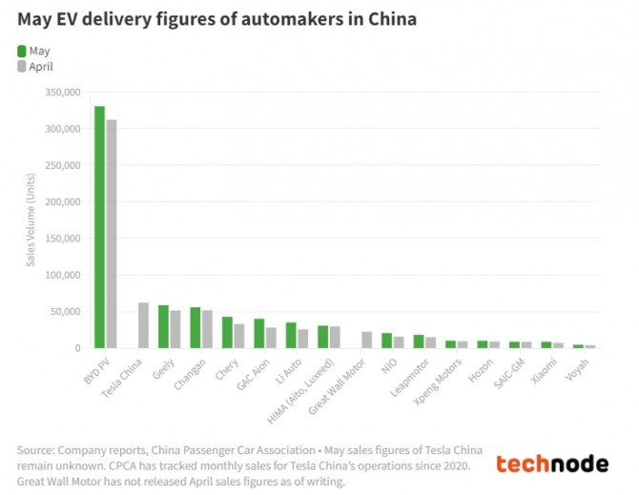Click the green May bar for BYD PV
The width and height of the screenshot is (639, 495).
click(x=100, y=227)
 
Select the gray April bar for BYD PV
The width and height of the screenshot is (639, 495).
click(x=112, y=234)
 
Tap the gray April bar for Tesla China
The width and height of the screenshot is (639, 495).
click(x=143, y=325)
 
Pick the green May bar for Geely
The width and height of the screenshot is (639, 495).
click(x=163, y=327)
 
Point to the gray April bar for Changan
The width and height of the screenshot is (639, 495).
click(x=207, y=329)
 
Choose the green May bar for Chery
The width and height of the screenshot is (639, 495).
click(x=227, y=333)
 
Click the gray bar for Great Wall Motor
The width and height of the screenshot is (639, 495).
click(x=367, y=340)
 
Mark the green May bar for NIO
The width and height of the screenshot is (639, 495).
click(x=387, y=340)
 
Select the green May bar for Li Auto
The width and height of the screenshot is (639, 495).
click(x=291, y=336)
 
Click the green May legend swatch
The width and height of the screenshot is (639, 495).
click(x=22, y=52)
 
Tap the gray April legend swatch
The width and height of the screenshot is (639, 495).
click(x=22, y=67)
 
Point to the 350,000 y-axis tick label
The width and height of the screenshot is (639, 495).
click(x=63, y=93)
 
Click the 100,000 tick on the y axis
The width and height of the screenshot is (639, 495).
click(x=63, y=275)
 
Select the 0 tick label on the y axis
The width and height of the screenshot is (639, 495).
click(x=77, y=348)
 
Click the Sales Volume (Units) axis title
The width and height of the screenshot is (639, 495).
click(x=31, y=220)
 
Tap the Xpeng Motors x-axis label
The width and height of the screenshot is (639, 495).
click(x=438, y=382)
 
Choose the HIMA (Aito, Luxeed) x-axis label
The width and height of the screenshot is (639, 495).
click(x=300, y=392)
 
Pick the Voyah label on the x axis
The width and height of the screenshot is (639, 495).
click(x=577, y=370)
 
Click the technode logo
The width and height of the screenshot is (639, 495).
click(x=552, y=464)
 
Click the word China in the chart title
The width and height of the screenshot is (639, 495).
click(x=392, y=19)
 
